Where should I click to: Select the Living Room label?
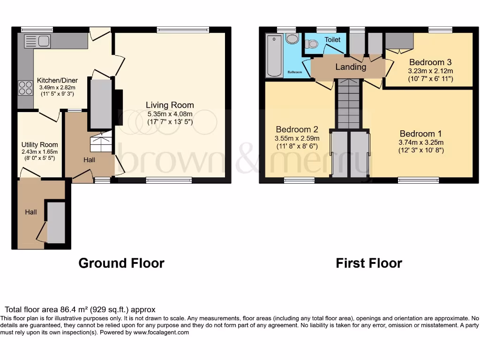(169, 105)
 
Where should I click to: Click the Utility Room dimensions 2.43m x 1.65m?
(39, 151)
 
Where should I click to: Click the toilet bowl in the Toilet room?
(311, 44)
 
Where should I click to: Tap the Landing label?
(351, 67)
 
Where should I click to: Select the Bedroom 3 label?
(430, 62)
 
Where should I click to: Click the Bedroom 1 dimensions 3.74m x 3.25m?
(421, 142)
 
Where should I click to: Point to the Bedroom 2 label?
(297, 129)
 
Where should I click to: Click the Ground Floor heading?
(121, 263)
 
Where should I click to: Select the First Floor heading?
(369, 263)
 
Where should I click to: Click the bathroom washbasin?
(292, 38)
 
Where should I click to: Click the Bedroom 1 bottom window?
(418, 180)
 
